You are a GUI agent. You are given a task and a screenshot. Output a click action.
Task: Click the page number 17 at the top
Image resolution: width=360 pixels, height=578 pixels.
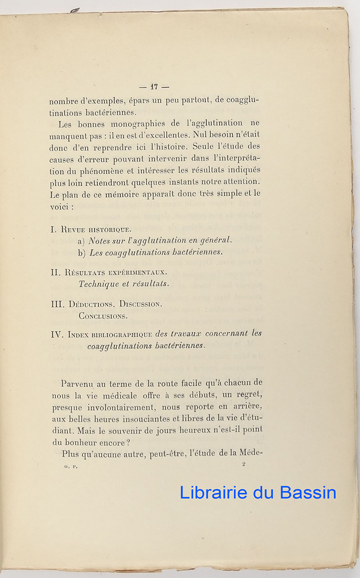point(154,87)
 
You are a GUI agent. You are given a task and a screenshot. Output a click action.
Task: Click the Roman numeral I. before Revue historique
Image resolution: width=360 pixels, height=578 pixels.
point(53,229)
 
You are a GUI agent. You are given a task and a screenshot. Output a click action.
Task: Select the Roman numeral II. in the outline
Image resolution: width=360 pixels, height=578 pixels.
point(55,272)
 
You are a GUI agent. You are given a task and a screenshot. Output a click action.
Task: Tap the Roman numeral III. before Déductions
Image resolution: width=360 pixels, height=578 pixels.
point(57,304)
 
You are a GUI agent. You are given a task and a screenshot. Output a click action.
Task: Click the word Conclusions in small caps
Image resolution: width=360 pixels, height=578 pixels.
point(103,316)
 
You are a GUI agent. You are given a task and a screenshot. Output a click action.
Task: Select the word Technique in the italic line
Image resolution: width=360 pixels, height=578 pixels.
point(99,284)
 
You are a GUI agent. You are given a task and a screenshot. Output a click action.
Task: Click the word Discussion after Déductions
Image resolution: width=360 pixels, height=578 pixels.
point(140,304)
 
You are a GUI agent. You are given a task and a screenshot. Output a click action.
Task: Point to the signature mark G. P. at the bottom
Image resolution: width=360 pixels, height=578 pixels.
point(71,466)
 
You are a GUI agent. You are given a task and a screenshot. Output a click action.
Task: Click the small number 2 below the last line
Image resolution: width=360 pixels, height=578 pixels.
point(244,464)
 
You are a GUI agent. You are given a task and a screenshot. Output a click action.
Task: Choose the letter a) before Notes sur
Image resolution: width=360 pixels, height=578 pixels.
point(81,241)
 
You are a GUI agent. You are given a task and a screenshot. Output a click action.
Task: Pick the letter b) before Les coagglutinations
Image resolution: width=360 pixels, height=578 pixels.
point(81,252)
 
